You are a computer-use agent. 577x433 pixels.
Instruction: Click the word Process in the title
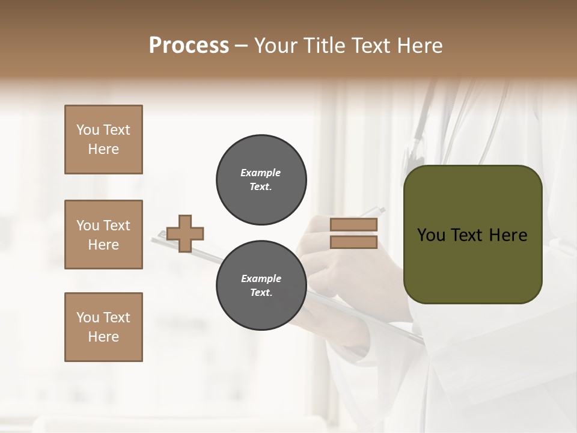[189, 46]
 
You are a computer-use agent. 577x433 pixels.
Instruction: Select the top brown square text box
[103, 140]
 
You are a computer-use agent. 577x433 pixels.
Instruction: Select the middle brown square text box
[103, 235]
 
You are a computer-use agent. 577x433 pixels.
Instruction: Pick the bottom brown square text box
[103, 327]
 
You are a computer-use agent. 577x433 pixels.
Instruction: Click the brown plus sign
[185, 233]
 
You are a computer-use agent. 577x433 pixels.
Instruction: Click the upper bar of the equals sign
[353, 224]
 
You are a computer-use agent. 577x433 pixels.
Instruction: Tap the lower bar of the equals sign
[353, 242]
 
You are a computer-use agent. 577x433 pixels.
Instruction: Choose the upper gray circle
[261, 180]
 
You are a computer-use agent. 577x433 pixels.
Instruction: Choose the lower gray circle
[261, 286]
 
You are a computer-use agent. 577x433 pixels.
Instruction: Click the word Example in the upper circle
[261, 173]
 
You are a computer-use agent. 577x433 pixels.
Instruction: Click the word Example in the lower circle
[261, 278]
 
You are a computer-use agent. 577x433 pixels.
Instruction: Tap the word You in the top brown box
[88, 130]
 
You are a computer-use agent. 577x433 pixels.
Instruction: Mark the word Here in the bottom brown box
[103, 337]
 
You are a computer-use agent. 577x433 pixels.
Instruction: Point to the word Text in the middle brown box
[117, 226]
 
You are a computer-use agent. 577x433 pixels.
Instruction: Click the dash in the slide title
[242, 46]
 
